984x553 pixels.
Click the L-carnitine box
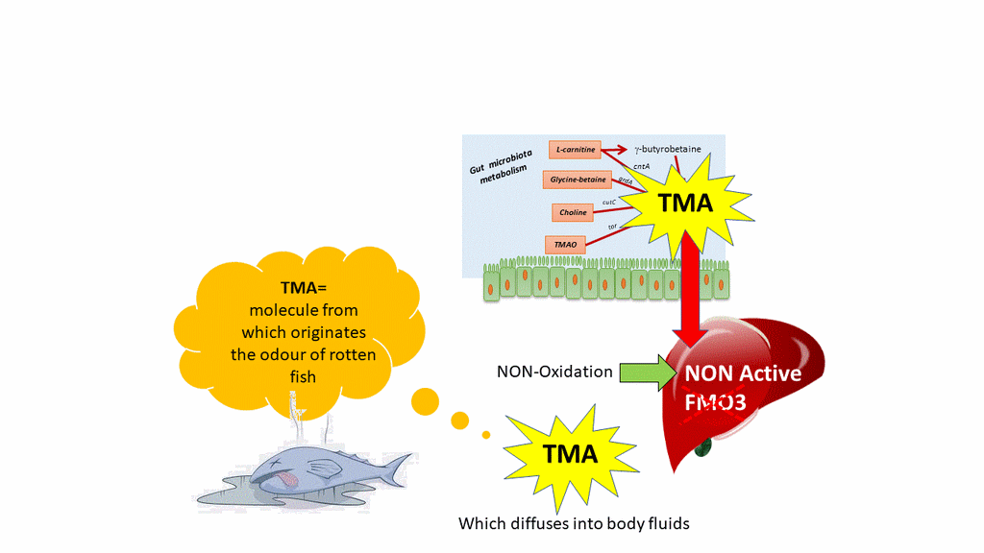coord(574,149)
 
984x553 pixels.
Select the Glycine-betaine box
coord(578,180)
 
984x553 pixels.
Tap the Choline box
coord(573,212)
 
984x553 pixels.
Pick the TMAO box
coord(565,245)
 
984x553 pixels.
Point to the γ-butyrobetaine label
coord(667,149)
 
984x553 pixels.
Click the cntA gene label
coord(642,166)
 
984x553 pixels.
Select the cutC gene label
coord(608,203)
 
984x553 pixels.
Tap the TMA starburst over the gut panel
coord(683,204)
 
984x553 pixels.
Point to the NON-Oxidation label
coord(554,372)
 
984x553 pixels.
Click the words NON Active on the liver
coord(743,373)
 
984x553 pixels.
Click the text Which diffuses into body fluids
coord(574,523)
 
